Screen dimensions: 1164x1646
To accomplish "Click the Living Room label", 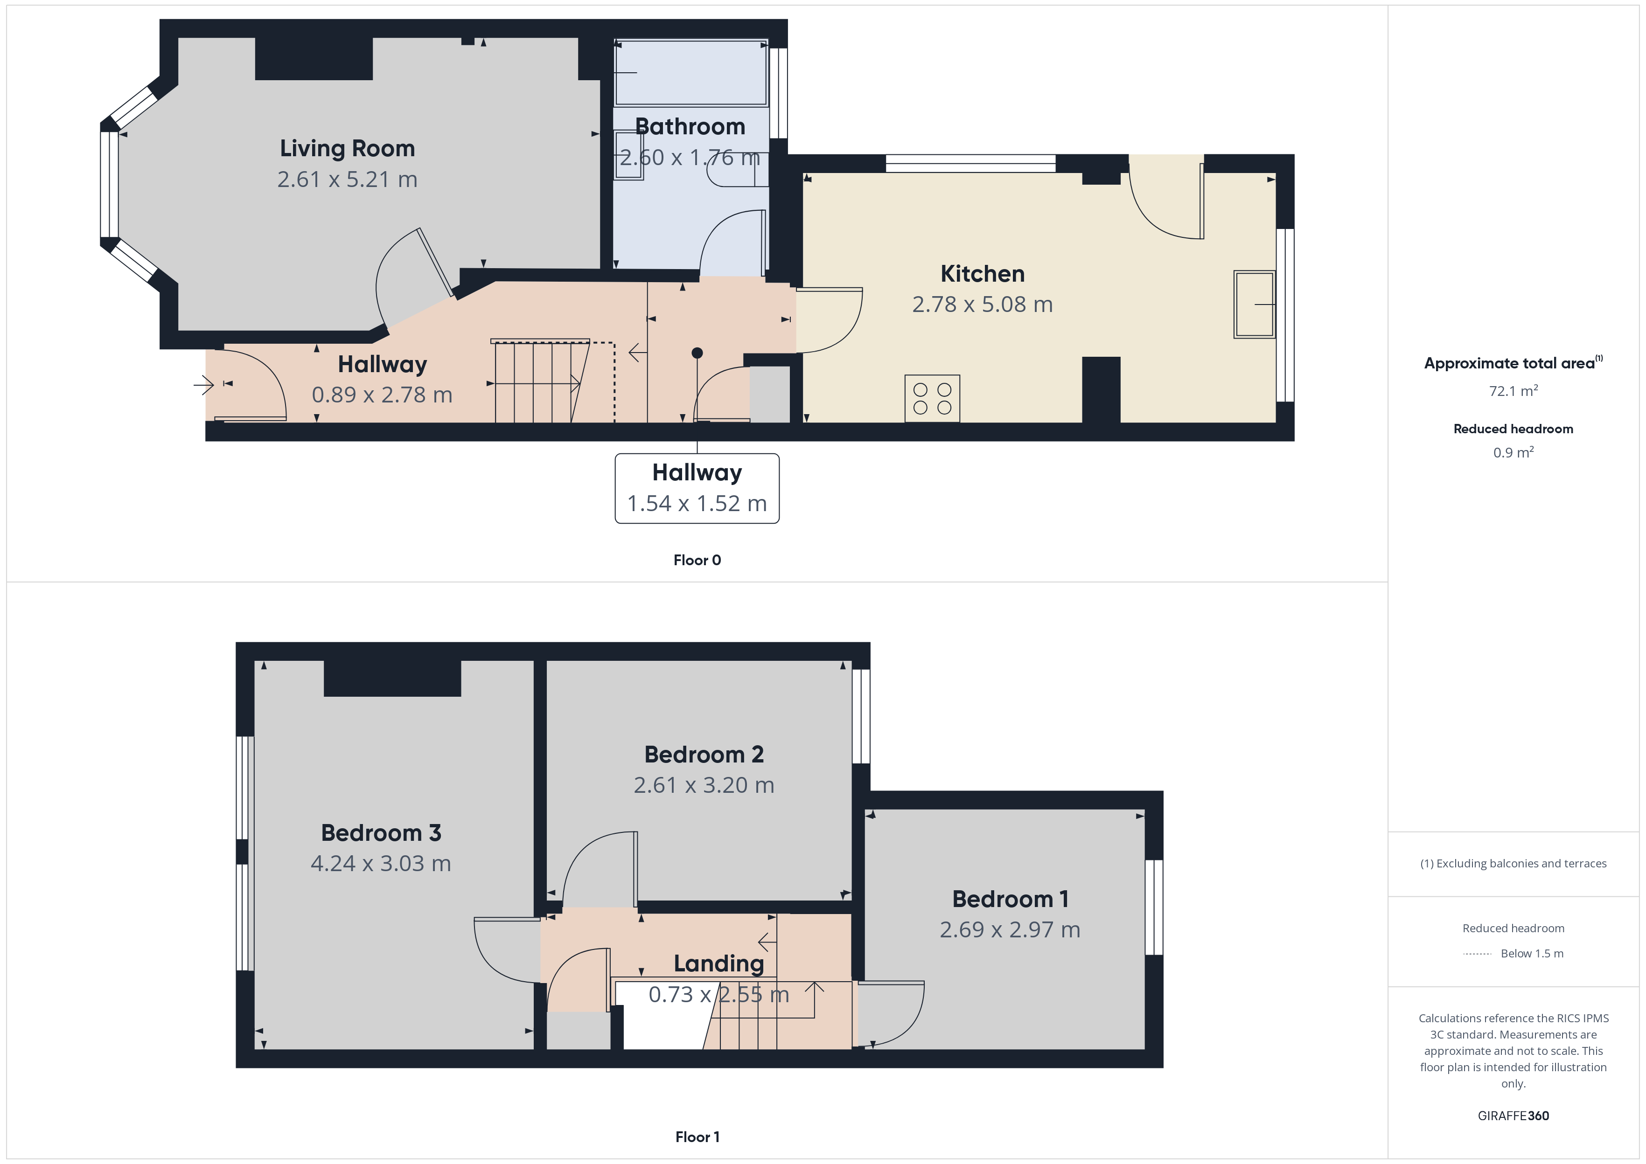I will click(347, 148).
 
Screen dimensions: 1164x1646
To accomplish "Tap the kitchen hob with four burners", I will click(932, 399).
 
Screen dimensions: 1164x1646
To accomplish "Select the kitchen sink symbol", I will click(1254, 304).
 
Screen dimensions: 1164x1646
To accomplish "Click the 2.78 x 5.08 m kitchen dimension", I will click(982, 305).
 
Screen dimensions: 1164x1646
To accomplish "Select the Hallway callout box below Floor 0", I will click(697, 488).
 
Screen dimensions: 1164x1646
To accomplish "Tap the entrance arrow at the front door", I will click(203, 386).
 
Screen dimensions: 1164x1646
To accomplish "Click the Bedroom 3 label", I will click(381, 833).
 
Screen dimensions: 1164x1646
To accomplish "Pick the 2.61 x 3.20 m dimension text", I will click(704, 785).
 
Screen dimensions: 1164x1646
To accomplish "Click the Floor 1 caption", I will click(697, 1137).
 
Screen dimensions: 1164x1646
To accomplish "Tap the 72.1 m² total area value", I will click(1513, 391).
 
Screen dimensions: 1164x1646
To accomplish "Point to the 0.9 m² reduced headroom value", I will click(1513, 453).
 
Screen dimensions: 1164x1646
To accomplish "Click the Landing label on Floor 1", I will click(718, 964).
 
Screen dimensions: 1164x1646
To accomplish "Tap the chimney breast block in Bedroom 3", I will click(392, 678).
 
